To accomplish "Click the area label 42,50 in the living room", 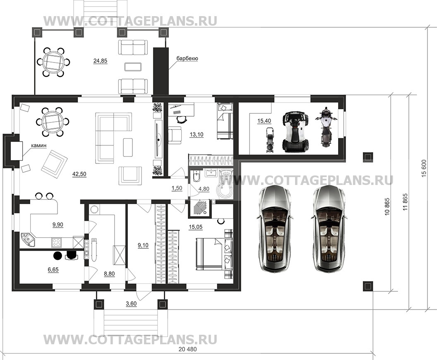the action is coord(79,174).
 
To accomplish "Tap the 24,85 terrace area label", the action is coord(100,61).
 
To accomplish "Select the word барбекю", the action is coord(187,58).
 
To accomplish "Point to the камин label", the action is coord(39,145).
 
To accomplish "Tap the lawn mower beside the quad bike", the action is coord(269,139).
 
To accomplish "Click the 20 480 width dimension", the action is coord(187,349).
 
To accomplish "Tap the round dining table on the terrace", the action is coord(53,62).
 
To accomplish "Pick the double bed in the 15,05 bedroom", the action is coord(214,254).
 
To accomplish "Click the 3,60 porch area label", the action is coord(131,303).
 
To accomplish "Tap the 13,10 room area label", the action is coord(197,134).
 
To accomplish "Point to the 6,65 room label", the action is coord(53,269).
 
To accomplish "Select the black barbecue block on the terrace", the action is coord(161,72).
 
